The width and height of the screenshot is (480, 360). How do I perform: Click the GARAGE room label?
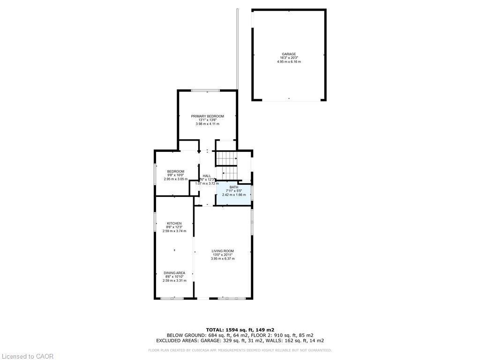coord(289,54)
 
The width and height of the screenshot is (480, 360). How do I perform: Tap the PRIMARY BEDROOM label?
coord(207,116)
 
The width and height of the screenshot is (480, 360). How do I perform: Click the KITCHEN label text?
coord(174,223)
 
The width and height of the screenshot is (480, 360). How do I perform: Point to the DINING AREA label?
coord(174,273)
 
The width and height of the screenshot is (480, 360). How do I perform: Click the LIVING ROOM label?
coord(223,251)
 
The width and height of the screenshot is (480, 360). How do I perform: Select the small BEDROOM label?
coord(175,172)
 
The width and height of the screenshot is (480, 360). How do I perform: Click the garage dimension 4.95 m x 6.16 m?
coord(289,62)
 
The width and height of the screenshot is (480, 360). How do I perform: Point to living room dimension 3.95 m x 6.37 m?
coord(223,259)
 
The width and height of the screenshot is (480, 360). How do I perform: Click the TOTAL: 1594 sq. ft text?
coord(240,330)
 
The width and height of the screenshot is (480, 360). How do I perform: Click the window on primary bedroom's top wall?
coord(206,90)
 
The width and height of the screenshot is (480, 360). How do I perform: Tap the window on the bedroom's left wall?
coord(156,175)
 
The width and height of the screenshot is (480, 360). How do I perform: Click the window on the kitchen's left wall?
coord(156,222)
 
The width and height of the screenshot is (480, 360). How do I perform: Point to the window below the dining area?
coord(172,298)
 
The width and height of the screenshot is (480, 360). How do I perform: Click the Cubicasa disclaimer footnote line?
coord(240,350)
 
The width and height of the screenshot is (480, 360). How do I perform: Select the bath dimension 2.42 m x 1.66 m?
coord(233,195)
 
